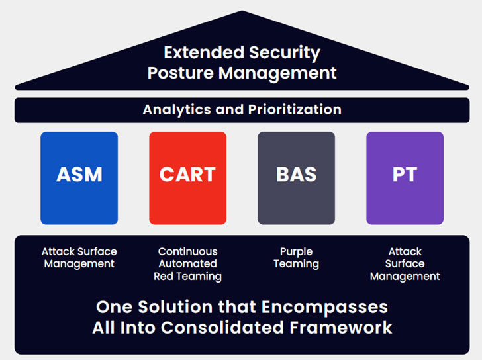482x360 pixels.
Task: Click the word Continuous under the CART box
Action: click(187, 251)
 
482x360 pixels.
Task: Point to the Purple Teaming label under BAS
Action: click(296, 257)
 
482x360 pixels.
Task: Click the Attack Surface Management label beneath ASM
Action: click(79, 257)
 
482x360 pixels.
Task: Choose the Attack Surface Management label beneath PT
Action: click(405, 263)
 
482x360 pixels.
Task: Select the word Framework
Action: click(342, 328)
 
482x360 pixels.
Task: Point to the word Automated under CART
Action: click(187, 263)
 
